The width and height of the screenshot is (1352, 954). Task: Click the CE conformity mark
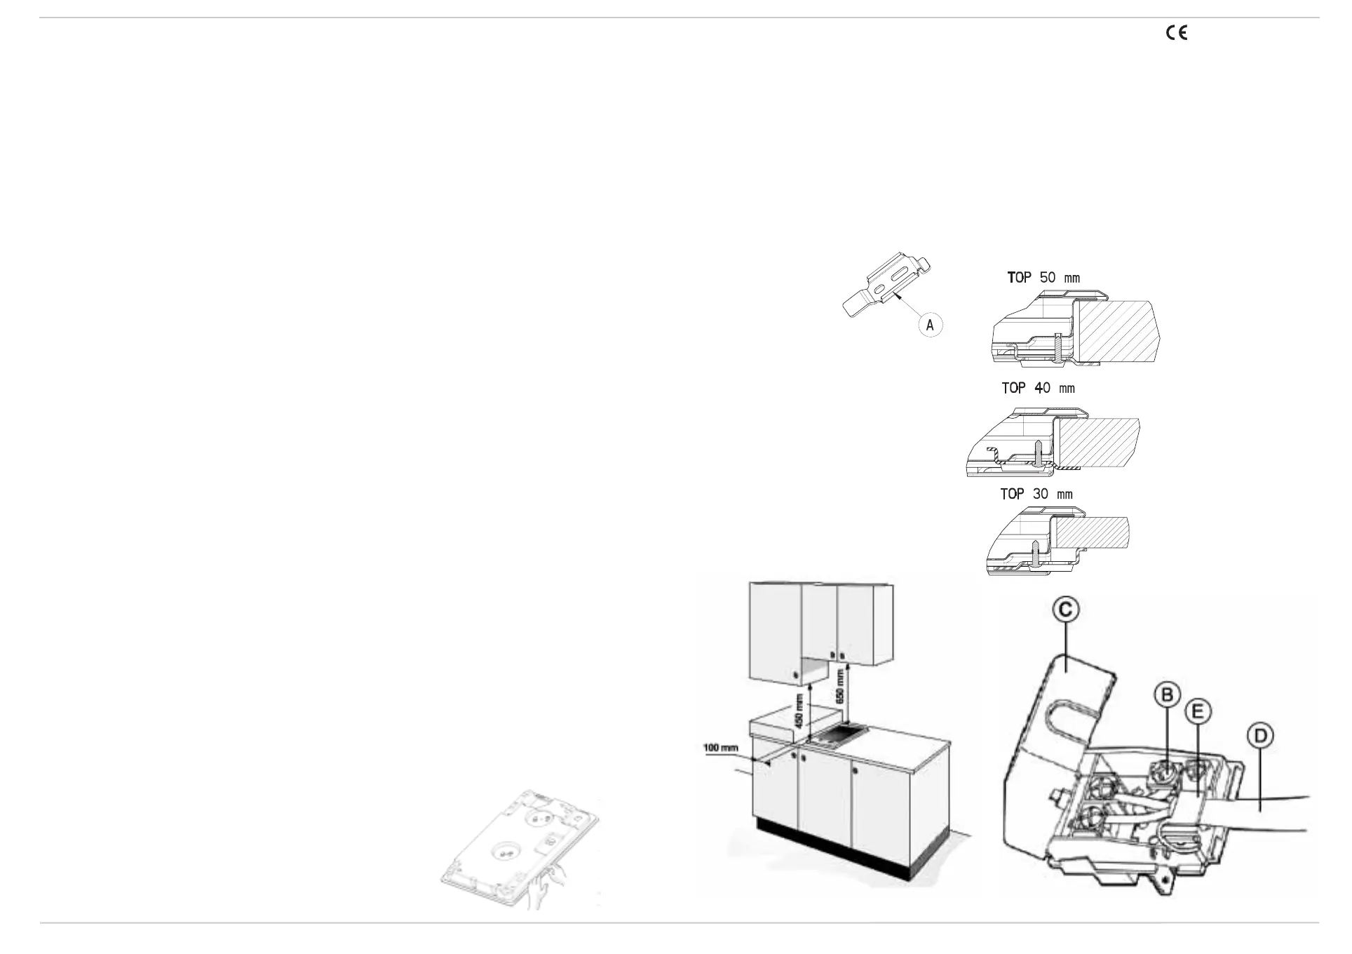coord(1176,33)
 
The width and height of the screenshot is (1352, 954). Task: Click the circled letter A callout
coord(930,325)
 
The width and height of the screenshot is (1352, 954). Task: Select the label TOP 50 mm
coord(1043,278)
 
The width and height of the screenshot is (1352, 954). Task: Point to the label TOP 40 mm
coord(1038,388)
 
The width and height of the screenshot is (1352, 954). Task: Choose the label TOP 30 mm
coord(1036,495)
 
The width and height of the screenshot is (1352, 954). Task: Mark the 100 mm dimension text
coord(721,748)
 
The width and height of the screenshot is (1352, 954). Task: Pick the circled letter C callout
coord(1063,610)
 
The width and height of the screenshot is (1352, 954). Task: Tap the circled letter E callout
coord(1198,713)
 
